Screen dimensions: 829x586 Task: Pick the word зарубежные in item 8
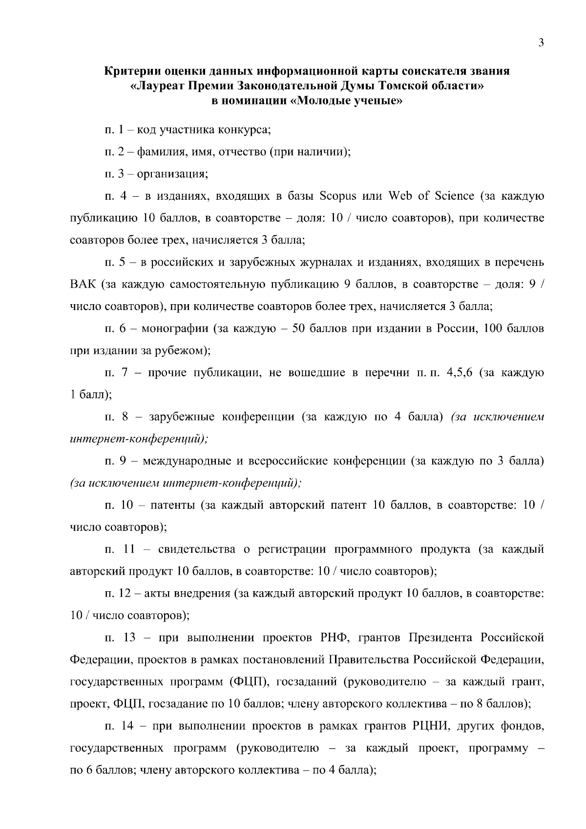(x=182, y=417)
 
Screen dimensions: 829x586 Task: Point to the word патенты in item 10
(x=172, y=505)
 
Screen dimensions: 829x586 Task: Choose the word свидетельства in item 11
(x=197, y=549)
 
